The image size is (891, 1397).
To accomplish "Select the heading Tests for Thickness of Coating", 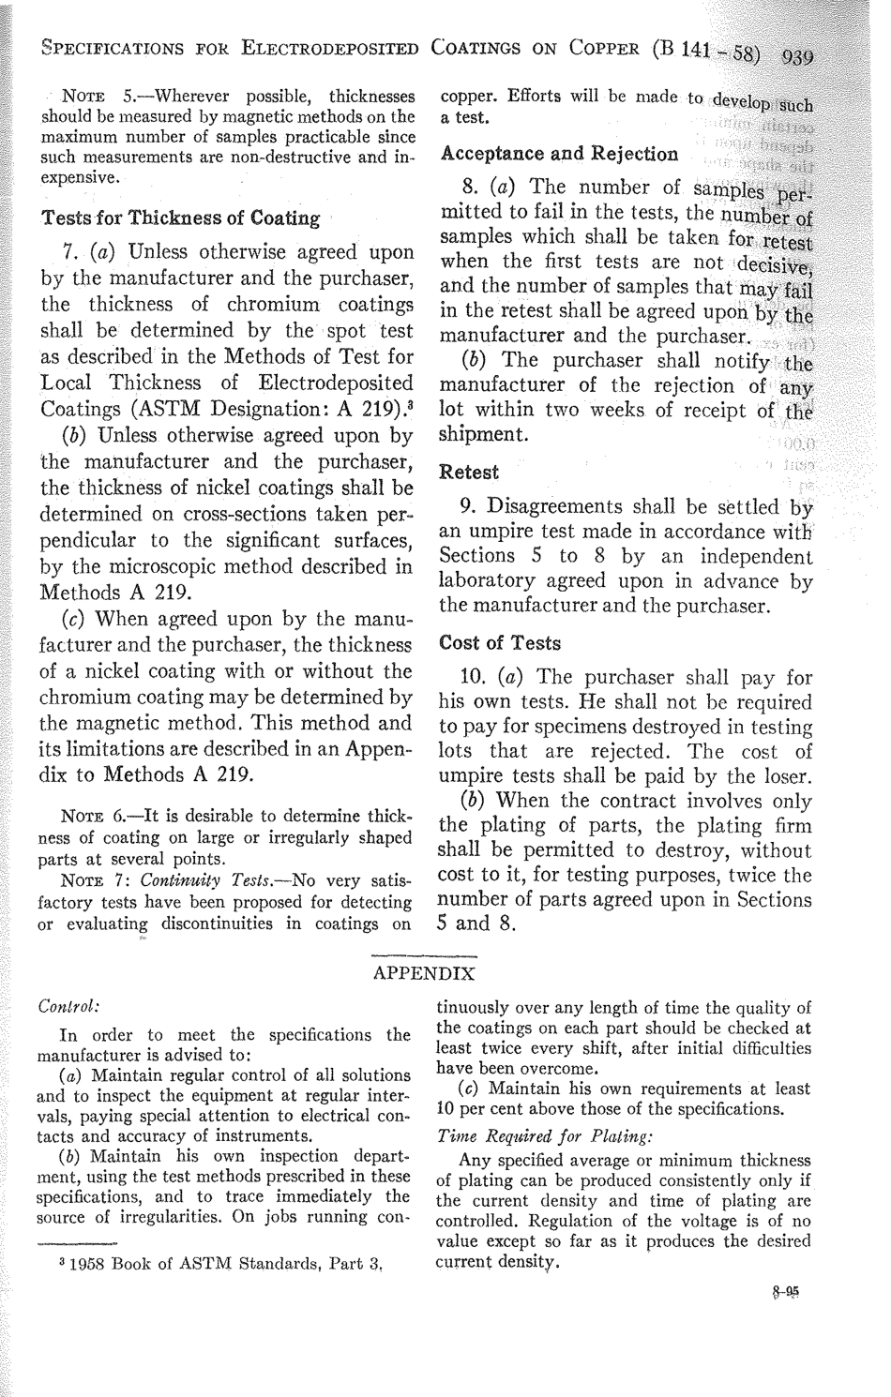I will pos(180,218).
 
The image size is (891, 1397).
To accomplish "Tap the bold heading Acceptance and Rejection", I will pos(559,154).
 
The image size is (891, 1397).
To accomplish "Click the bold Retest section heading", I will pos(469,471).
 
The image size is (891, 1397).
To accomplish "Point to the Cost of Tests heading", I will pos(500,643).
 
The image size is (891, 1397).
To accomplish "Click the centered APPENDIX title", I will pos(425,972).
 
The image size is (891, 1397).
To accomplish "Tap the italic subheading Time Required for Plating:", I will pos(521,1134).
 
